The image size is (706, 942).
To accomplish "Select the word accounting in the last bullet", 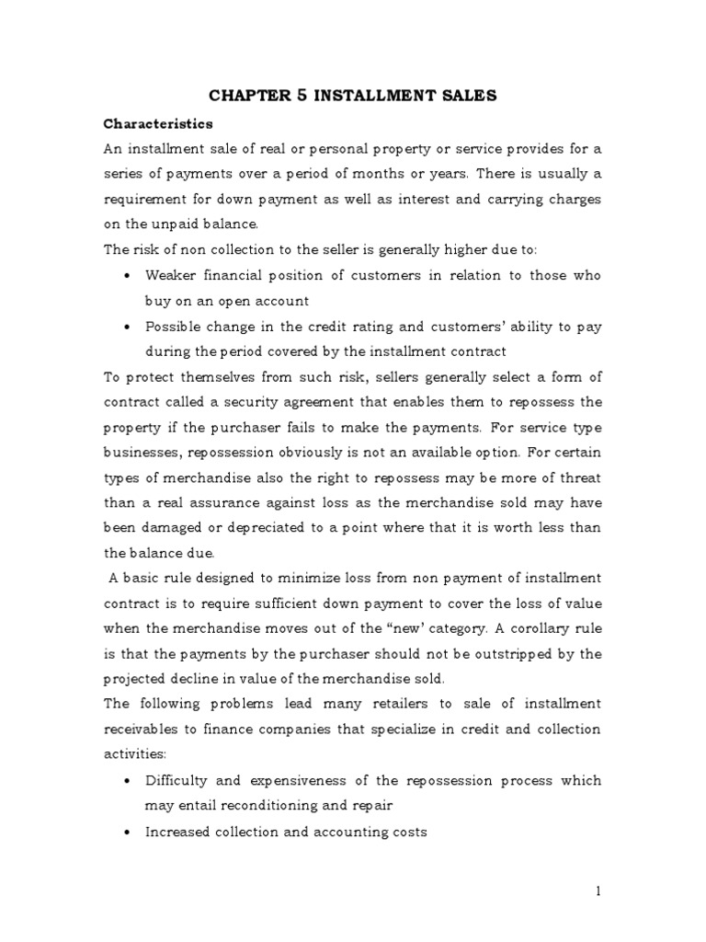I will click(x=355, y=832).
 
